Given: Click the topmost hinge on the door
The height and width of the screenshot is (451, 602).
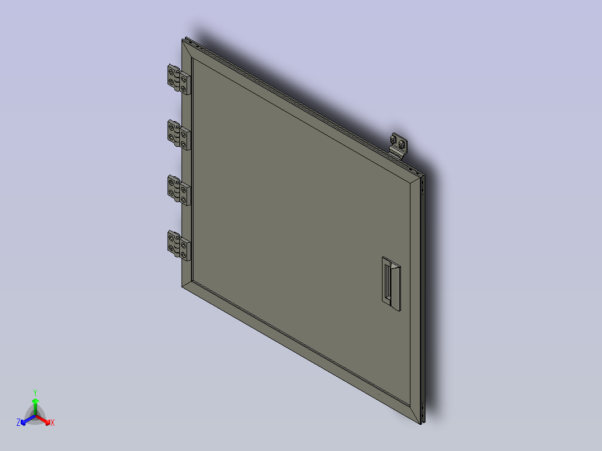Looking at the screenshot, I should coord(179,79).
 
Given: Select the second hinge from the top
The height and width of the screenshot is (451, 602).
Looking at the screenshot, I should coord(179,135).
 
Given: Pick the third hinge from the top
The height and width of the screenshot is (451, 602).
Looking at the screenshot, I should coord(179,190).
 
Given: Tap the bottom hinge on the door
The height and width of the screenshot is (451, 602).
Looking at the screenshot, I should coord(179,245).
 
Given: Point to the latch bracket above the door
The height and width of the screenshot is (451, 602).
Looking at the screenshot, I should coord(399,146).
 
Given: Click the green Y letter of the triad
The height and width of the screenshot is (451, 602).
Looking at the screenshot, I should coord(35,392).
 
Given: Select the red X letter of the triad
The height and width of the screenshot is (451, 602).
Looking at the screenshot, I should coord(52,423).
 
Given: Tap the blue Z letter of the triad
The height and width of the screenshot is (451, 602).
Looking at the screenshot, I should coord(18,423).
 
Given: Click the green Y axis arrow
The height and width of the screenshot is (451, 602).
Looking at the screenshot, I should coord(35,404).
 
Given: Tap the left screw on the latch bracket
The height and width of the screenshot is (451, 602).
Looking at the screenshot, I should coord(395,137).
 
